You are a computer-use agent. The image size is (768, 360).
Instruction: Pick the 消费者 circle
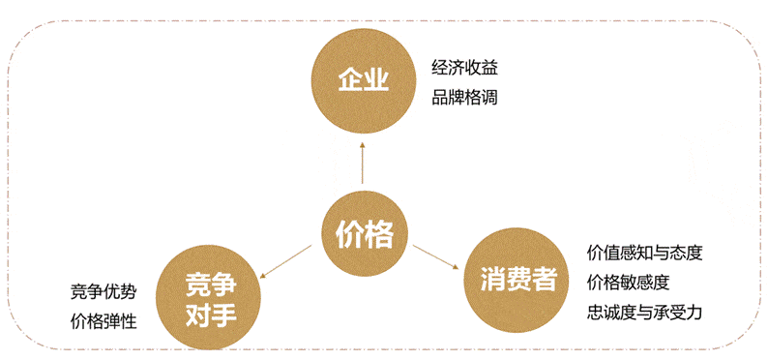[x=517, y=282]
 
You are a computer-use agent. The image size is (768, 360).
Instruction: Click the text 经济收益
[x=464, y=68]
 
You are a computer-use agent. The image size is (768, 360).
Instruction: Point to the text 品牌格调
[x=464, y=97]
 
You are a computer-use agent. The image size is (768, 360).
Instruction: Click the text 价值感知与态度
[x=644, y=254]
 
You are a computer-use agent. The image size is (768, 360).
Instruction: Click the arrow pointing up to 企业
[x=363, y=163]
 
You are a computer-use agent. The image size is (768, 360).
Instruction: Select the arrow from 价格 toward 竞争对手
[x=285, y=263]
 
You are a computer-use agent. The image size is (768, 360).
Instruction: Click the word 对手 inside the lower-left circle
[x=210, y=314]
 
